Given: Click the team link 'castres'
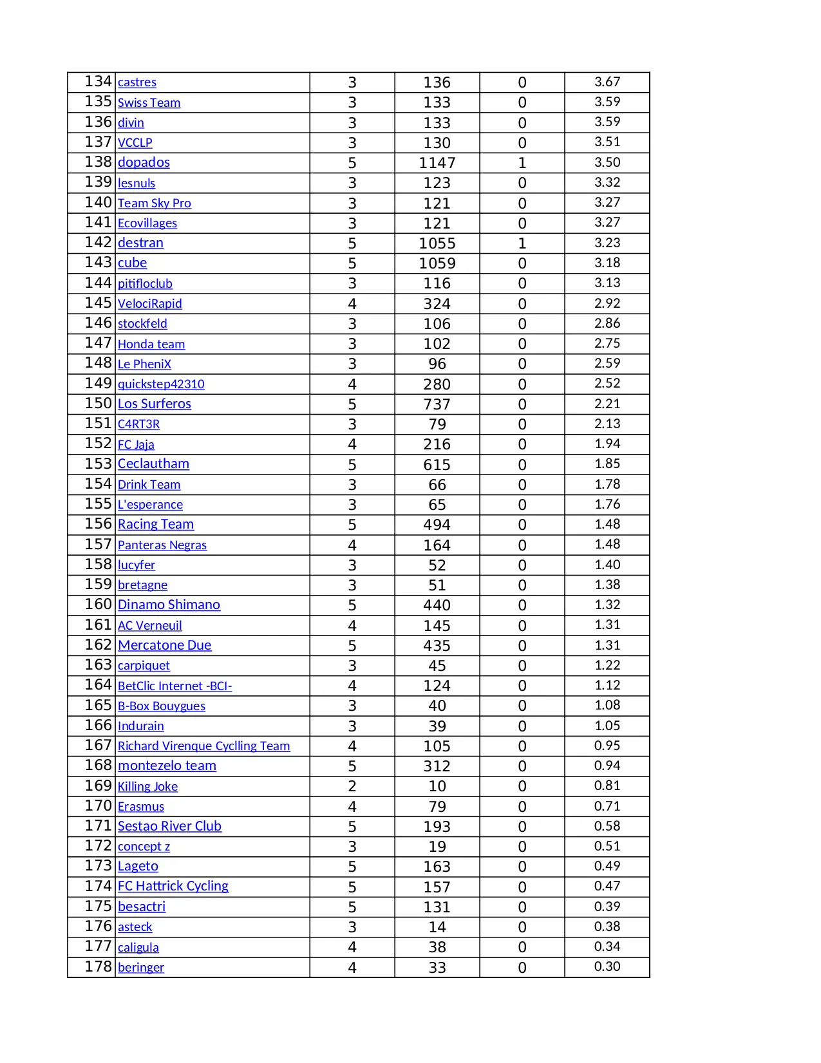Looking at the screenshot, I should click(137, 82).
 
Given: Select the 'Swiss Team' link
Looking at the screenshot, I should click(149, 103).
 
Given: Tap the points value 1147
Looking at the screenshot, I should click(437, 163).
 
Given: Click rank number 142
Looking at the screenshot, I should click(99, 243).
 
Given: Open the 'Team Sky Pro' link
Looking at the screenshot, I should click(154, 203).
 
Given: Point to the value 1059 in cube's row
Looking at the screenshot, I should click(437, 263).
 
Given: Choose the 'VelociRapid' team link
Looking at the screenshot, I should click(149, 304).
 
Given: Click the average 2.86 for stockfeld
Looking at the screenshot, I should click(607, 323).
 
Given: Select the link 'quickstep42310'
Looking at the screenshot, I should click(161, 384).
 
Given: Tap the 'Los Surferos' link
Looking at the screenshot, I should click(154, 404).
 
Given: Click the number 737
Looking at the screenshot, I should click(437, 404).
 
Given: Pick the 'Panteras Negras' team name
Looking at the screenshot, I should click(162, 545).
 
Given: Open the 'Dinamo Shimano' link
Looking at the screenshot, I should click(169, 605).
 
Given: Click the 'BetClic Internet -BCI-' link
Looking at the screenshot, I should click(175, 686).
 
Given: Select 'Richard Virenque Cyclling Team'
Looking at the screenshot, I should click(203, 746).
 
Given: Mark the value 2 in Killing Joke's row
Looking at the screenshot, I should click(352, 786).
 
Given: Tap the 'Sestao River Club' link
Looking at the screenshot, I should click(169, 826).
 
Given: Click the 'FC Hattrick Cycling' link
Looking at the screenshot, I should click(173, 886).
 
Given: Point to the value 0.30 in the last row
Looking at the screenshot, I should click(607, 966).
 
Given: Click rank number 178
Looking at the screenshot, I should click(99, 966).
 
